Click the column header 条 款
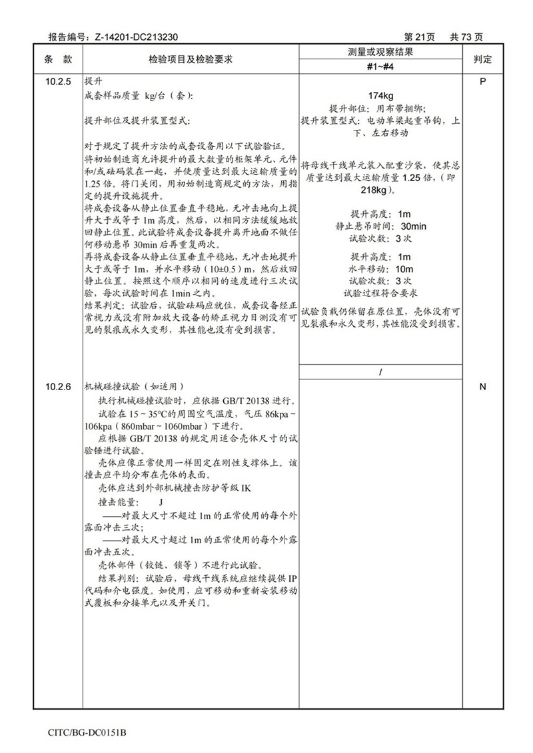(x=59, y=59)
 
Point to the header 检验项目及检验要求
(x=191, y=59)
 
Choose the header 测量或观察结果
(x=381, y=53)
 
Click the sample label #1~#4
(x=381, y=67)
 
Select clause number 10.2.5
(x=59, y=80)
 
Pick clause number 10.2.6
(x=59, y=387)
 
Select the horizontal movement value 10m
(x=404, y=268)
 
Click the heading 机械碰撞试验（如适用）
(x=134, y=387)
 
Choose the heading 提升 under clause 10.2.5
(x=93, y=80)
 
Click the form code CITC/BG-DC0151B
(x=87, y=733)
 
